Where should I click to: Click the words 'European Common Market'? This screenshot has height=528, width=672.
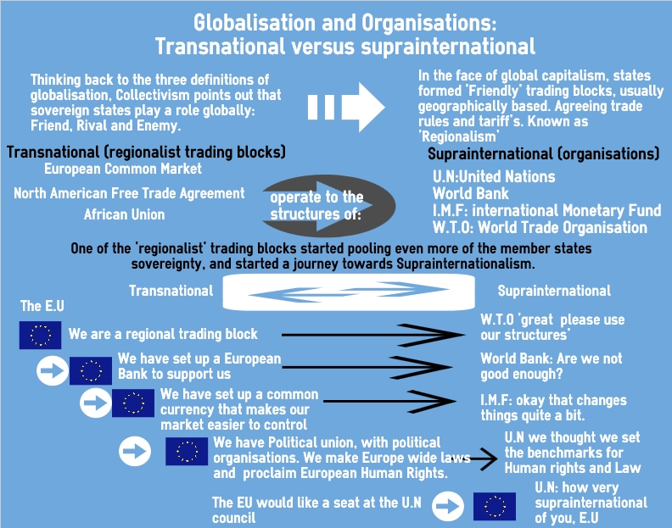coord(123,169)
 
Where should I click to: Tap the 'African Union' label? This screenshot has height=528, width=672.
coord(124,214)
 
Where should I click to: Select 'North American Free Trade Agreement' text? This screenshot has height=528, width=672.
coord(129,193)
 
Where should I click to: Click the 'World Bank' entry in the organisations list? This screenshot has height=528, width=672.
coord(471,193)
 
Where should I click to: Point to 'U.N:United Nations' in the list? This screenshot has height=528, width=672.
coord(494,176)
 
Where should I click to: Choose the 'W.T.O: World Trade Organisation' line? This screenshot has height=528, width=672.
coord(540,227)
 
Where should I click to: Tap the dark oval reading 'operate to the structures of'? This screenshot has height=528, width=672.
coord(328,206)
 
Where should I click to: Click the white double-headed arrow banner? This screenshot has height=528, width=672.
coord(349,292)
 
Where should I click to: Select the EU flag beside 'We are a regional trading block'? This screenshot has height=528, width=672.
coord(40,335)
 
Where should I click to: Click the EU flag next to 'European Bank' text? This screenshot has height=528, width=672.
coord(91,370)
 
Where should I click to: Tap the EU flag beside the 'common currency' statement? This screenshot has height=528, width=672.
coord(133,403)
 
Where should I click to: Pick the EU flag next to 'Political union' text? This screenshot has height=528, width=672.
coord(187,451)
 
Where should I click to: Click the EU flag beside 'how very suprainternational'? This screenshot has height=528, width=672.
coord(495,506)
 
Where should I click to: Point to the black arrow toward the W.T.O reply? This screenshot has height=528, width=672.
coord(372,335)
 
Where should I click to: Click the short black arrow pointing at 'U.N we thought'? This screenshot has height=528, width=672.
coord(484,459)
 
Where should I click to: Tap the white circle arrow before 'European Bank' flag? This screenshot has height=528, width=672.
coord(53,370)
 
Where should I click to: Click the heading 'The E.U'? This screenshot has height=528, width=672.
coord(42,306)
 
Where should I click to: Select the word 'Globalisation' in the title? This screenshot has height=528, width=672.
coord(255,23)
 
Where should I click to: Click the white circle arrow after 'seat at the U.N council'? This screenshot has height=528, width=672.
coord(448,506)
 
